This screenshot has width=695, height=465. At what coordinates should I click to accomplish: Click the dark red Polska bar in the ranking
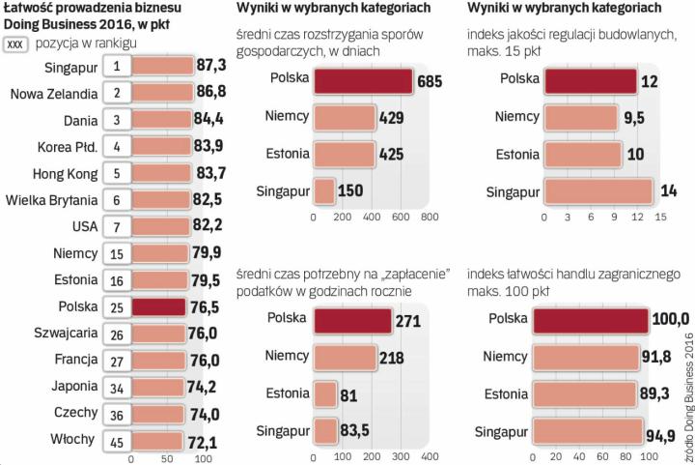(x=158, y=307)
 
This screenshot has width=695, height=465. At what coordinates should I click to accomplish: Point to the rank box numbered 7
(x=116, y=227)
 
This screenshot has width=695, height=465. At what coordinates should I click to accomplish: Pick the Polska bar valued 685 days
(x=364, y=81)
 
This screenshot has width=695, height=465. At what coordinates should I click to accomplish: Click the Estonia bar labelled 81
(x=324, y=394)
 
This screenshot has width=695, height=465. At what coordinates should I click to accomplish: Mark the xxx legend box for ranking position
(x=15, y=44)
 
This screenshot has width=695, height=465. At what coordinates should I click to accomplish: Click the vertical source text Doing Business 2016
(x=687, y=387)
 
